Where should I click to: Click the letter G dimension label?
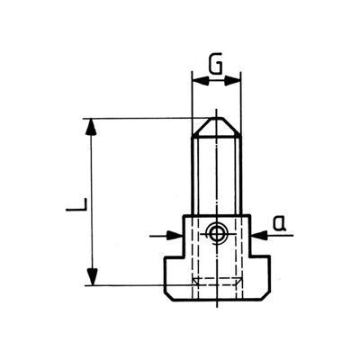[216, 65]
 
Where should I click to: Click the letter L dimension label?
[76, 204]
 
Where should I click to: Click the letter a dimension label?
[279, 224]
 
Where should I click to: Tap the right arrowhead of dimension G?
[232, 80]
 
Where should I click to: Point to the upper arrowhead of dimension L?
[92, 128]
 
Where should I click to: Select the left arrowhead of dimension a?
[175, 235]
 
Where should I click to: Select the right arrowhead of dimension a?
[259, 235]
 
